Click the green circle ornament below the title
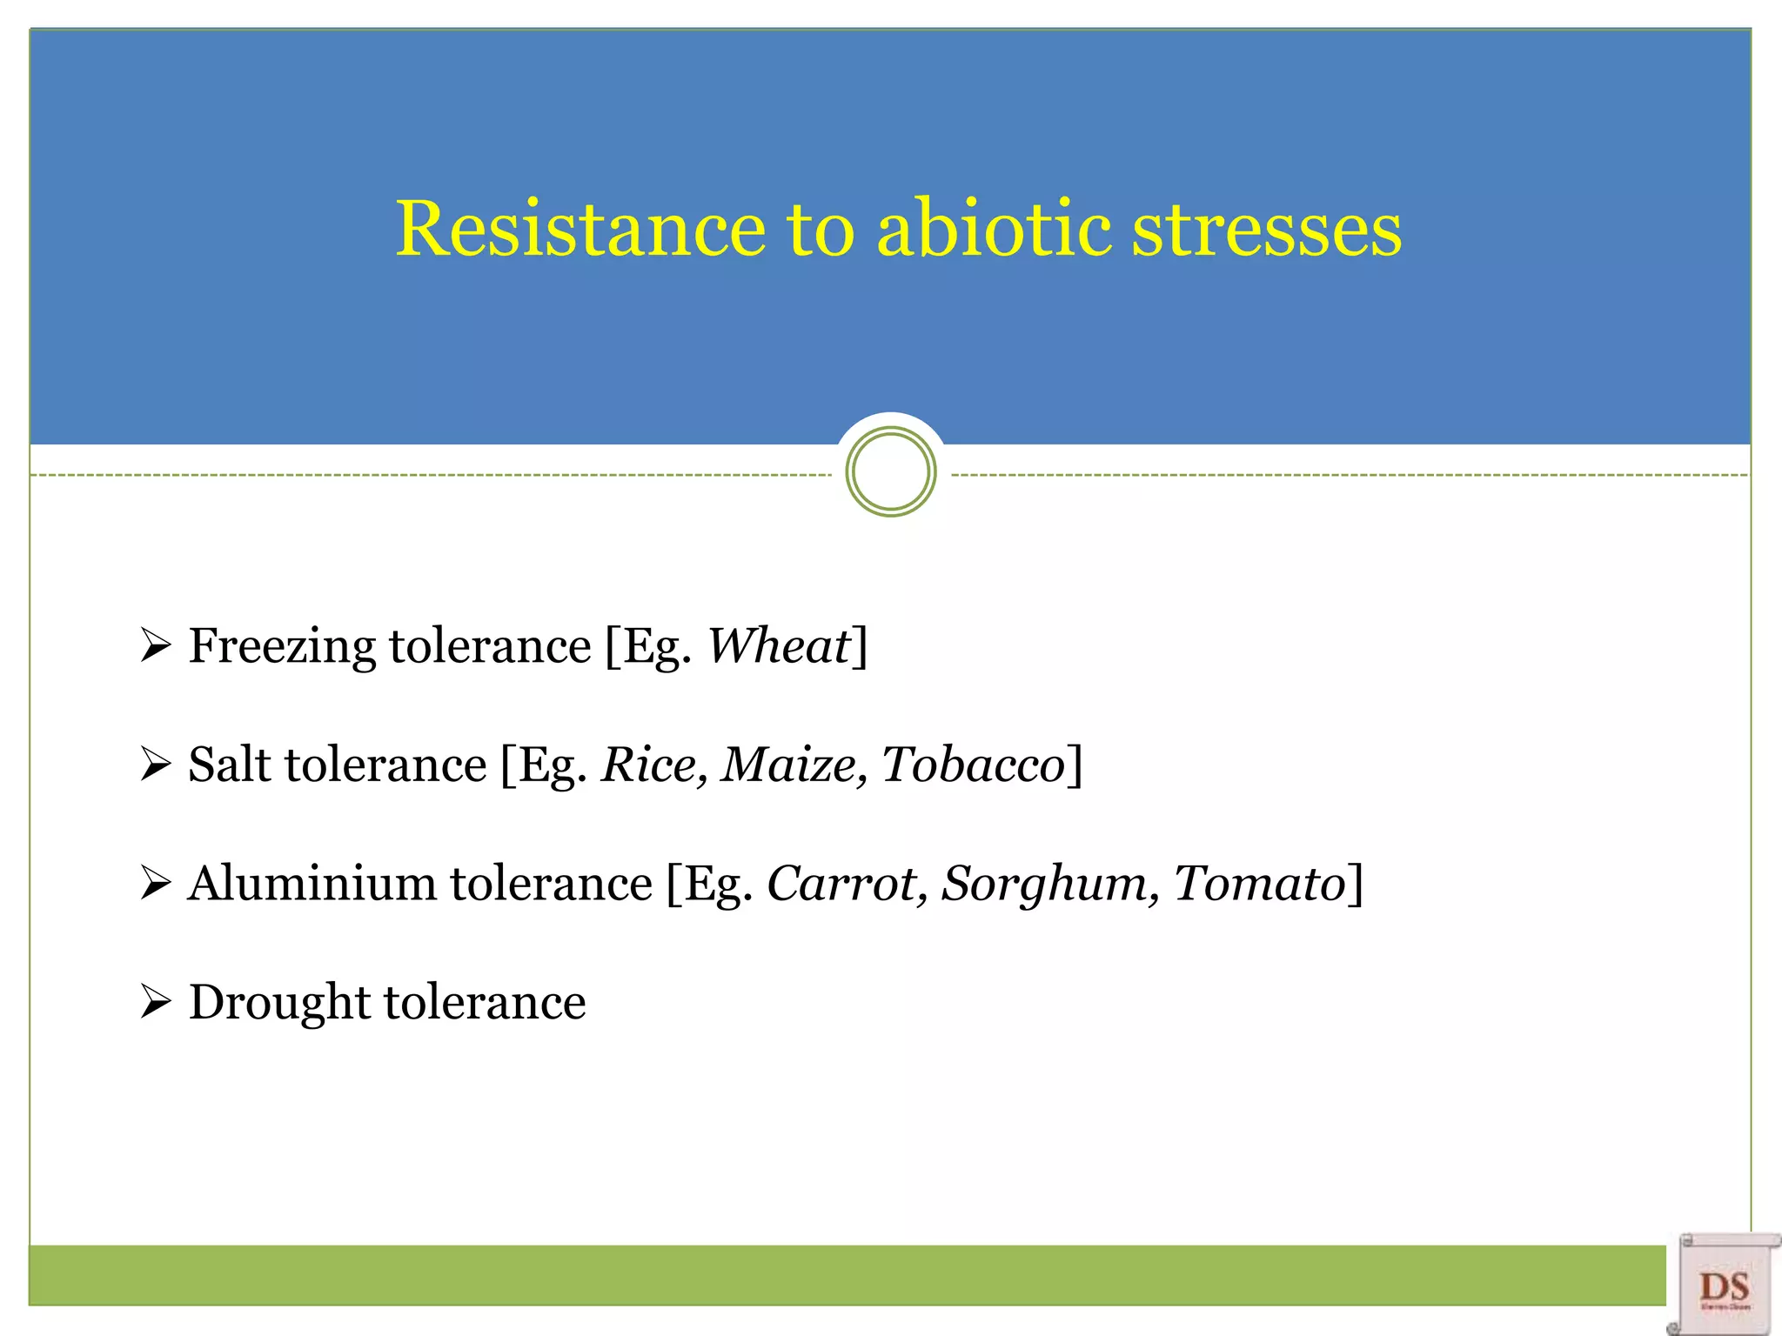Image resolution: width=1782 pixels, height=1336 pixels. coord(890,472)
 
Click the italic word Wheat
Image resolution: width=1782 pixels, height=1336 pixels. coord(778,646)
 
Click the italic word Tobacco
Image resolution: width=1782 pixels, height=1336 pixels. coord(973,765)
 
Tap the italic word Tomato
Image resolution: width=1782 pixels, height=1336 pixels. coord(1259,884)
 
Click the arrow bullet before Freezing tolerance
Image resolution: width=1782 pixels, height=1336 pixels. coord(155,646)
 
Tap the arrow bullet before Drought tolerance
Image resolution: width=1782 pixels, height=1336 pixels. coord(155,1002)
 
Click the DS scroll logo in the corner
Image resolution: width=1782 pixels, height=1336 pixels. coord(1724,1284)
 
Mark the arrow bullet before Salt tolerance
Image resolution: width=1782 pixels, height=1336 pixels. coord(155,765)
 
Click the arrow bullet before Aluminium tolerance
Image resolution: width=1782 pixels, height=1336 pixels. coord(155,883)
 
